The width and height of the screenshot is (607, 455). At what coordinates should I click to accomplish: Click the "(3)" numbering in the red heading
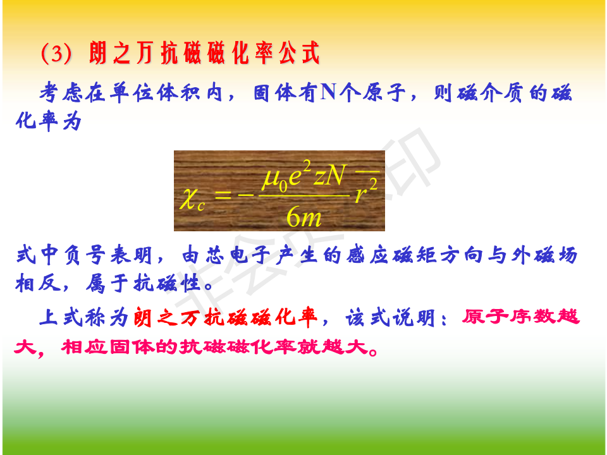(x=56, y=53)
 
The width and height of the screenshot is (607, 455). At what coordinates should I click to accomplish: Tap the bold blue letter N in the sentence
(x=328, y=92)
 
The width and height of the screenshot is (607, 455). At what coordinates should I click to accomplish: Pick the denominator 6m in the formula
(x=304, y=217)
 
